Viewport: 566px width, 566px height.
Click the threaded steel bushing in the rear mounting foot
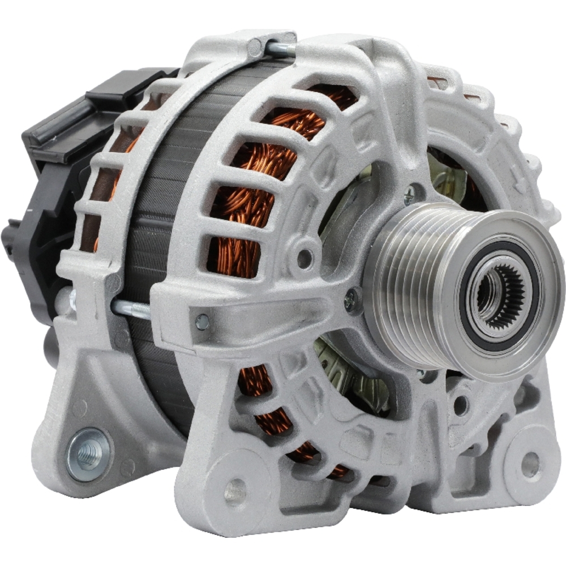coord(89,453)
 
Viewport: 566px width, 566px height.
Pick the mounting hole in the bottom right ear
coord(530,464)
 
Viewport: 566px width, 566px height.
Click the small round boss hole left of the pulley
coord(305,258)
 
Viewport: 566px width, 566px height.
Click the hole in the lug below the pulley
coord(460,405)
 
